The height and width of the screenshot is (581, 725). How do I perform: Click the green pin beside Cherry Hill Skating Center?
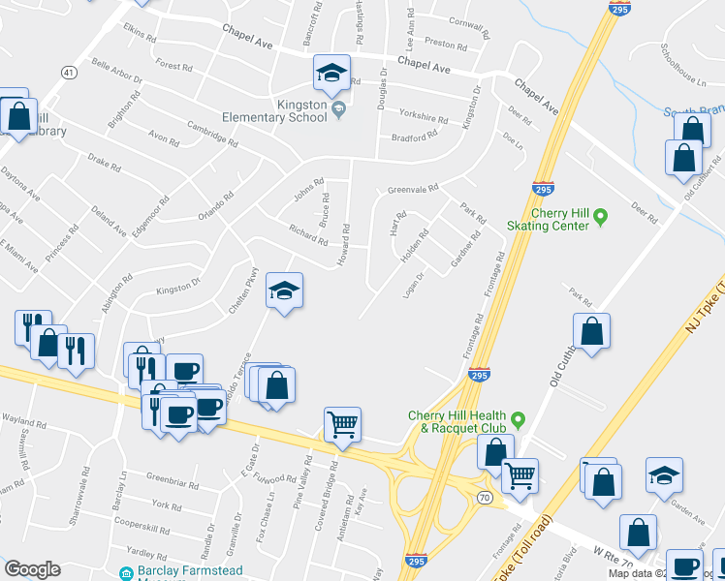click(x=600, y=215)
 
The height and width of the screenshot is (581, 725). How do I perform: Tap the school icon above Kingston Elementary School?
click(x=331, y=73)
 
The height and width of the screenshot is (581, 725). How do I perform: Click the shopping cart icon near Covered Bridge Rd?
click(x=342, y=424)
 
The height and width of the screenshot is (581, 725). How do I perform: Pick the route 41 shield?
click(x=68, y=73)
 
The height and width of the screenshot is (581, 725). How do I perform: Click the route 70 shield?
click(x=484, y=497)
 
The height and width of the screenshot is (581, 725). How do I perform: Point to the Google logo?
click(x=33, y=569)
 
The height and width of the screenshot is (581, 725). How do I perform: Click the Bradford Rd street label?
click(x=414, y=138)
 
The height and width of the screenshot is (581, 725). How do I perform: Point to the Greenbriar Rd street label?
click(x=172, y=481)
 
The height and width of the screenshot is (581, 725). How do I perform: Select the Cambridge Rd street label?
click(x=212, y=133)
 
